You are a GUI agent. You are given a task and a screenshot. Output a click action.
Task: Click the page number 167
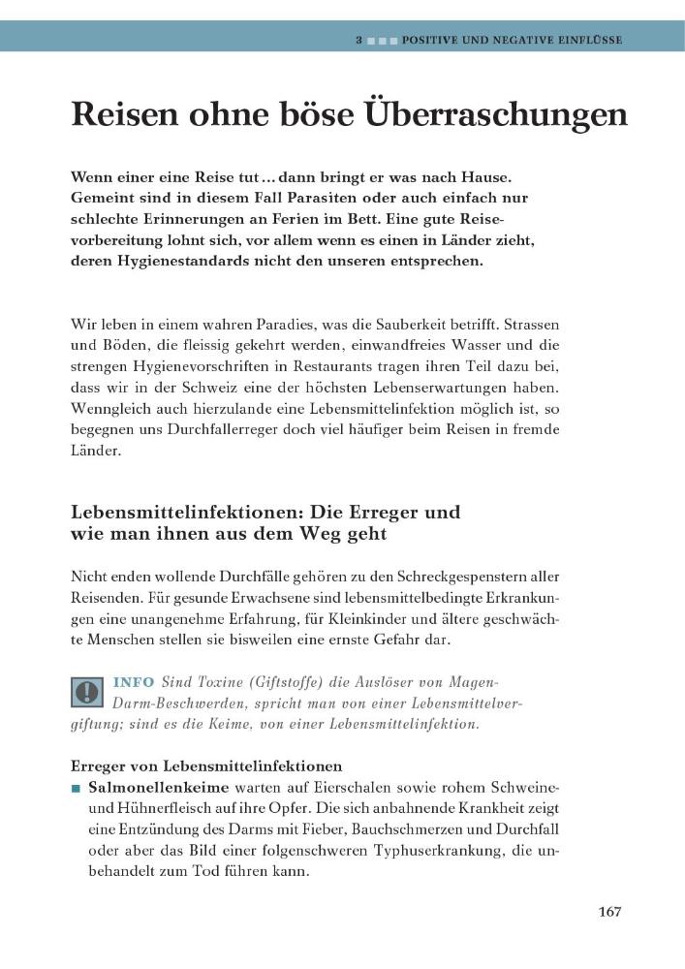609,912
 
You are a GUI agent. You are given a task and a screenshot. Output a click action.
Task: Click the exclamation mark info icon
88,691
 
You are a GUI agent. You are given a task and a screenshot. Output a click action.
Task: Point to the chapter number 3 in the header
358,41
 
